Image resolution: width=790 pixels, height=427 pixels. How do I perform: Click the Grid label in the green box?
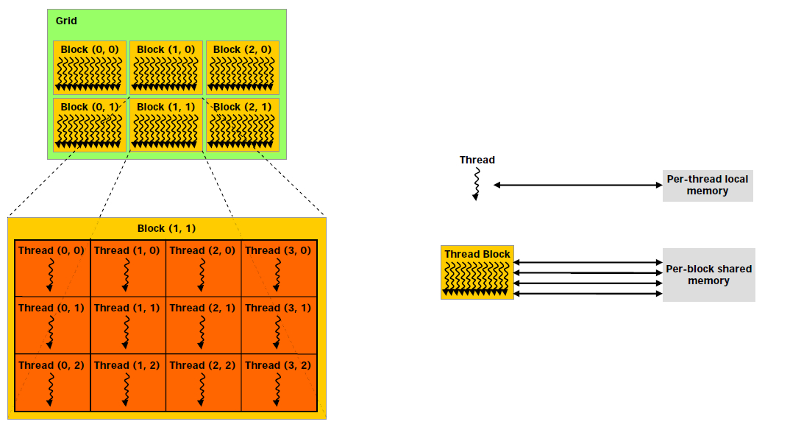point(66,21)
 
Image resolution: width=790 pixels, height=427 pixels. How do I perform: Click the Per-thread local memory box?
point(708,186)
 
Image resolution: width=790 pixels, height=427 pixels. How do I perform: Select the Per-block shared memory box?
point(708,275)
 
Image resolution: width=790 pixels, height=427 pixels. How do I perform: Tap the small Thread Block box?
point(477,272)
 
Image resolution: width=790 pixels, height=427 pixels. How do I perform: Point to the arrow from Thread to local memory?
point(578,186)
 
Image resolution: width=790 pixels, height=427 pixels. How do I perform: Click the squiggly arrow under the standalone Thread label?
point(477,183)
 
